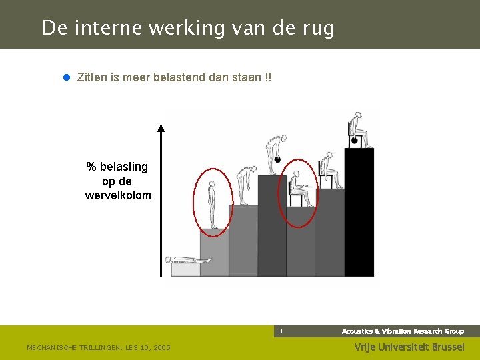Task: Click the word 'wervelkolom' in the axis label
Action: click(x=118, y=195)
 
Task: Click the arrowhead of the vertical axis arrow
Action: click(x=161, y=129)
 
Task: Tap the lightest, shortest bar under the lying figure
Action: click(x=185, y=270)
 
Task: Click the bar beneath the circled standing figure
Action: click(x=214, y=253)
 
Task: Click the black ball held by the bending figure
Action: click(x=277, y=159)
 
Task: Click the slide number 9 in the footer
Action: click(x=281, y=331)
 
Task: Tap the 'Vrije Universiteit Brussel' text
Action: click(x=409, y=347)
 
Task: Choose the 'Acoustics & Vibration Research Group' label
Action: click(x=403, y=331)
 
